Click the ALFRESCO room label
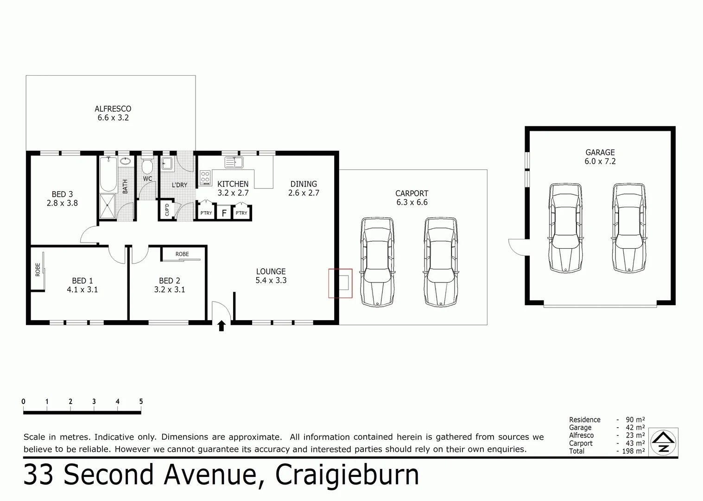[x=113, y=109]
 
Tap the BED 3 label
[x=62, y=194]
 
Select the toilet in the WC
[x=147, y=166]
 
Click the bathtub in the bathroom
[x=108, y=174]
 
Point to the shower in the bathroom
[x=108, y=206]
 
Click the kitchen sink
[x=234, y=162]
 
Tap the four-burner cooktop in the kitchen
[x=205, y=177]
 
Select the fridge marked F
[x=224, y=213]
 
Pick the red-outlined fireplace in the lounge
[x=341, y=283]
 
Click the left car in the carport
[x=377, y=262]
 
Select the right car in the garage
[x=629, y=228]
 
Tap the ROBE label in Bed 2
[x=182, y=254]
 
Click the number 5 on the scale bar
[x=141, y=402]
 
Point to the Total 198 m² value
[x=633, y=451]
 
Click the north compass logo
[x=664, y=442]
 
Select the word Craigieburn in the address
[x=347, y=475]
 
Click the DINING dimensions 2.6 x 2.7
[x=304, y=193]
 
